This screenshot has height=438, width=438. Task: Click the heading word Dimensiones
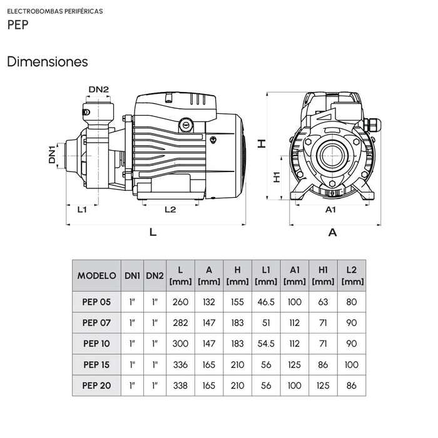(x=48, y=62)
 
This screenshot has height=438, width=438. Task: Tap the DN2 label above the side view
(x=99, y=89)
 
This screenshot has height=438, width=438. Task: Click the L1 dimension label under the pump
(x=82, y=210)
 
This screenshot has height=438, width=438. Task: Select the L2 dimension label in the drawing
(x=170, y=210)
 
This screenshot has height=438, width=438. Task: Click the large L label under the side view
(x=153, y=232)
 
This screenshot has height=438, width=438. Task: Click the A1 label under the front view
(x=332, y=210)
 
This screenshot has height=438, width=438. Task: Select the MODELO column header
(x=97, y=275)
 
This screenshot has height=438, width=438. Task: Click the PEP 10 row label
(x=96, y=344)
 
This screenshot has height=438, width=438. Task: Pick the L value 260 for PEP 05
(x=180, y=302)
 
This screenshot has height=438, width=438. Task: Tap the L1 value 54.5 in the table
(x=266, y=344)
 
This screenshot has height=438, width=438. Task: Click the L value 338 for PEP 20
(x=180, y=385)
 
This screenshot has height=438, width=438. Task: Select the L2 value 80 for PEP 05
(x=351, y=302)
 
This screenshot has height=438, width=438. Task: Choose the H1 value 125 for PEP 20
(x=323, y=385)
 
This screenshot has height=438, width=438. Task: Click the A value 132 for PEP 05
(x=209, y=302)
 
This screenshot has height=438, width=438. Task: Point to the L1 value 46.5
(x=266, y=302)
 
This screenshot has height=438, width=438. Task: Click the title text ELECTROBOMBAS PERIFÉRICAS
(x=55, y=11)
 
